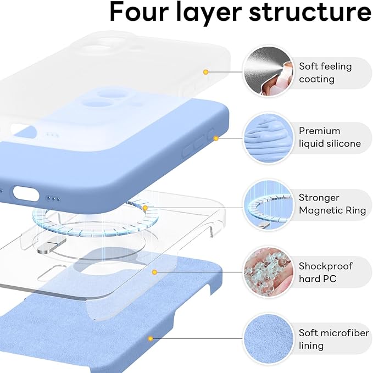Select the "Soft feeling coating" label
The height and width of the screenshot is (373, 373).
[324, 73]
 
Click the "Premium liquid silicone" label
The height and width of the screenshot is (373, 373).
[330, 137]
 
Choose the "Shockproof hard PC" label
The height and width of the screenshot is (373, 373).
[326, 272]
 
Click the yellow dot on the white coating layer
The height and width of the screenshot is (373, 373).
[205, 72]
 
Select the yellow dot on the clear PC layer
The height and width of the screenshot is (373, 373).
[155, 271]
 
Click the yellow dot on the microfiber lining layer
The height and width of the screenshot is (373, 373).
[148, 339]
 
